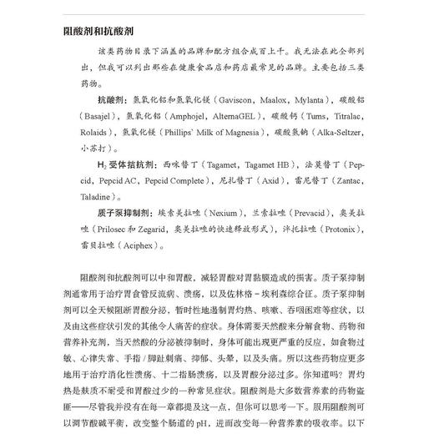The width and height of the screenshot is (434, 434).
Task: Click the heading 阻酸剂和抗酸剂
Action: (98, 31)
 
